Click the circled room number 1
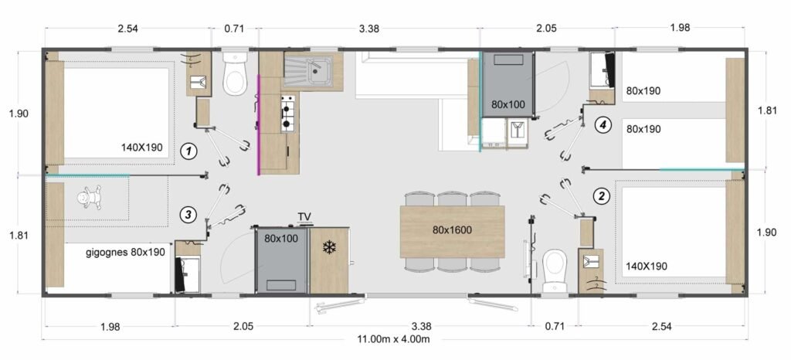[188, 150]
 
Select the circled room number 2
[601, 195]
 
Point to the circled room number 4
[601, 125]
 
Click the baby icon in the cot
[91, 197]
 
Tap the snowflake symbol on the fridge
[329, 247]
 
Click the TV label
[304, 217]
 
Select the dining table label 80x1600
[451, 230]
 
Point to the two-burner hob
[287, 113]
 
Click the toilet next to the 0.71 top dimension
[235, 74]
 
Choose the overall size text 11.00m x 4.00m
[393, 339]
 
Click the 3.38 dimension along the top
[368, 29]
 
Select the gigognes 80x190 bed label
[126, 252]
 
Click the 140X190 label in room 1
[142, 148]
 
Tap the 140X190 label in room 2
[647, 266]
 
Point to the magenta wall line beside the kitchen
[259, 124]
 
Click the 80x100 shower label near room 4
[508, 105]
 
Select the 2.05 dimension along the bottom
[243, 326]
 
